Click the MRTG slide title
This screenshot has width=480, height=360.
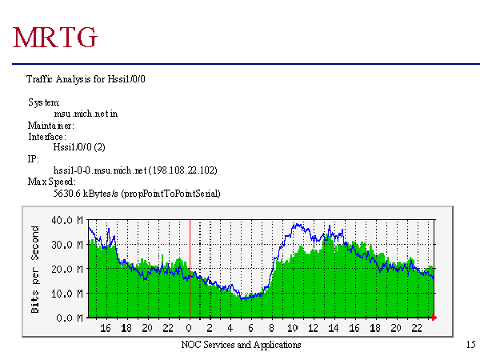point(56,37)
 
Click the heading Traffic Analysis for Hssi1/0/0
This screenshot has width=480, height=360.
point(86,79)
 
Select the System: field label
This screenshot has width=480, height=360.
point(44,103)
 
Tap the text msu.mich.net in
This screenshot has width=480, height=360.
point(86,114)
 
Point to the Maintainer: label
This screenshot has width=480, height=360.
point(51,126)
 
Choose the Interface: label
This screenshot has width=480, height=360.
point(46,137)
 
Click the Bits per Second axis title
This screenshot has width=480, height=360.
point(36,268)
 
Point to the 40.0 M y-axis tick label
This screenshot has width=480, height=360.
point(68,220)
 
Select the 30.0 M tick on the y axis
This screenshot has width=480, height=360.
point(68,245)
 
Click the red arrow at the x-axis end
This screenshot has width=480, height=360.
point(434,318)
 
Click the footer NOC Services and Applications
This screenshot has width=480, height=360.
point(241,345)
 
